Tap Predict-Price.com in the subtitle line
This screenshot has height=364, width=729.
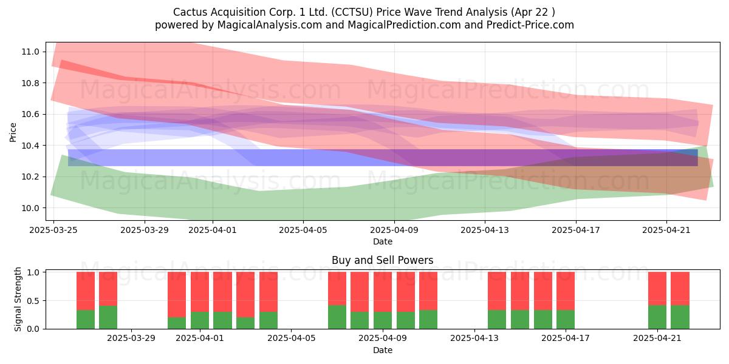coord(530,25)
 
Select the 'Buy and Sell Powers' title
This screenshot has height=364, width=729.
coord(382,260)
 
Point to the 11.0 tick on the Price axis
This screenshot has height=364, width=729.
coord(30,52)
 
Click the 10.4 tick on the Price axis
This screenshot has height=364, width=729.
coord(30,146)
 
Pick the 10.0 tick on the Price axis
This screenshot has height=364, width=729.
coord(30,208)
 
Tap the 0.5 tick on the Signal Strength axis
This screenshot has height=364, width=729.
coord(33,301)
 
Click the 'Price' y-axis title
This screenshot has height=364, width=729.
coord(13,132)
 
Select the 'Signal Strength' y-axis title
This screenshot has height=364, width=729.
coord(18,299)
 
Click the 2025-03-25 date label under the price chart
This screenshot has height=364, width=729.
coord(53,230)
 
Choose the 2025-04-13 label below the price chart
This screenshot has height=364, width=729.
coord(485,230)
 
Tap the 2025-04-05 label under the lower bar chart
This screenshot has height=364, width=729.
coord(291,339)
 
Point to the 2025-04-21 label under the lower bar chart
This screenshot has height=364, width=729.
coord(657,339)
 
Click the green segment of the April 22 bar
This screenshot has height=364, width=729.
coord(680,317)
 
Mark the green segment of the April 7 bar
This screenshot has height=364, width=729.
coord(337,317)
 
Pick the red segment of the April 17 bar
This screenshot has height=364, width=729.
coord(566,291)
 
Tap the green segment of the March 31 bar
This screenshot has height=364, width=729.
coord(177,323)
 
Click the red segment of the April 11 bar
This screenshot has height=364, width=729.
coord(428,291)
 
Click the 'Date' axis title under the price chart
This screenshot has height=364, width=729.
coord(382,241)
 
